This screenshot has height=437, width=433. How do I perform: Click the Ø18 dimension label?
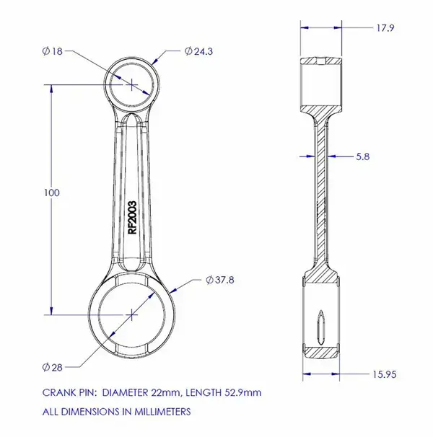coord(53,51)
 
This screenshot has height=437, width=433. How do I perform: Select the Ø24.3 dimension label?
coord(198,51)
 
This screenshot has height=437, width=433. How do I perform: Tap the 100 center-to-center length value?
coord(52,193)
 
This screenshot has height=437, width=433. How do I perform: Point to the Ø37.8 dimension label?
coord(220,280)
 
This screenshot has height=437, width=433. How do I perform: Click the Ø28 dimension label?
coord(53,367)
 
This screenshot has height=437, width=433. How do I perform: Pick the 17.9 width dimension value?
coord(385,28)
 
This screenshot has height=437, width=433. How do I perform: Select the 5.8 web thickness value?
coord(363,156)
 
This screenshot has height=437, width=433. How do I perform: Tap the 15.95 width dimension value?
coord(385,374)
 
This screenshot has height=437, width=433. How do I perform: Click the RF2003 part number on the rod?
coord(131,218)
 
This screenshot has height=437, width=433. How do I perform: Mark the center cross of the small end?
coord(131,84)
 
